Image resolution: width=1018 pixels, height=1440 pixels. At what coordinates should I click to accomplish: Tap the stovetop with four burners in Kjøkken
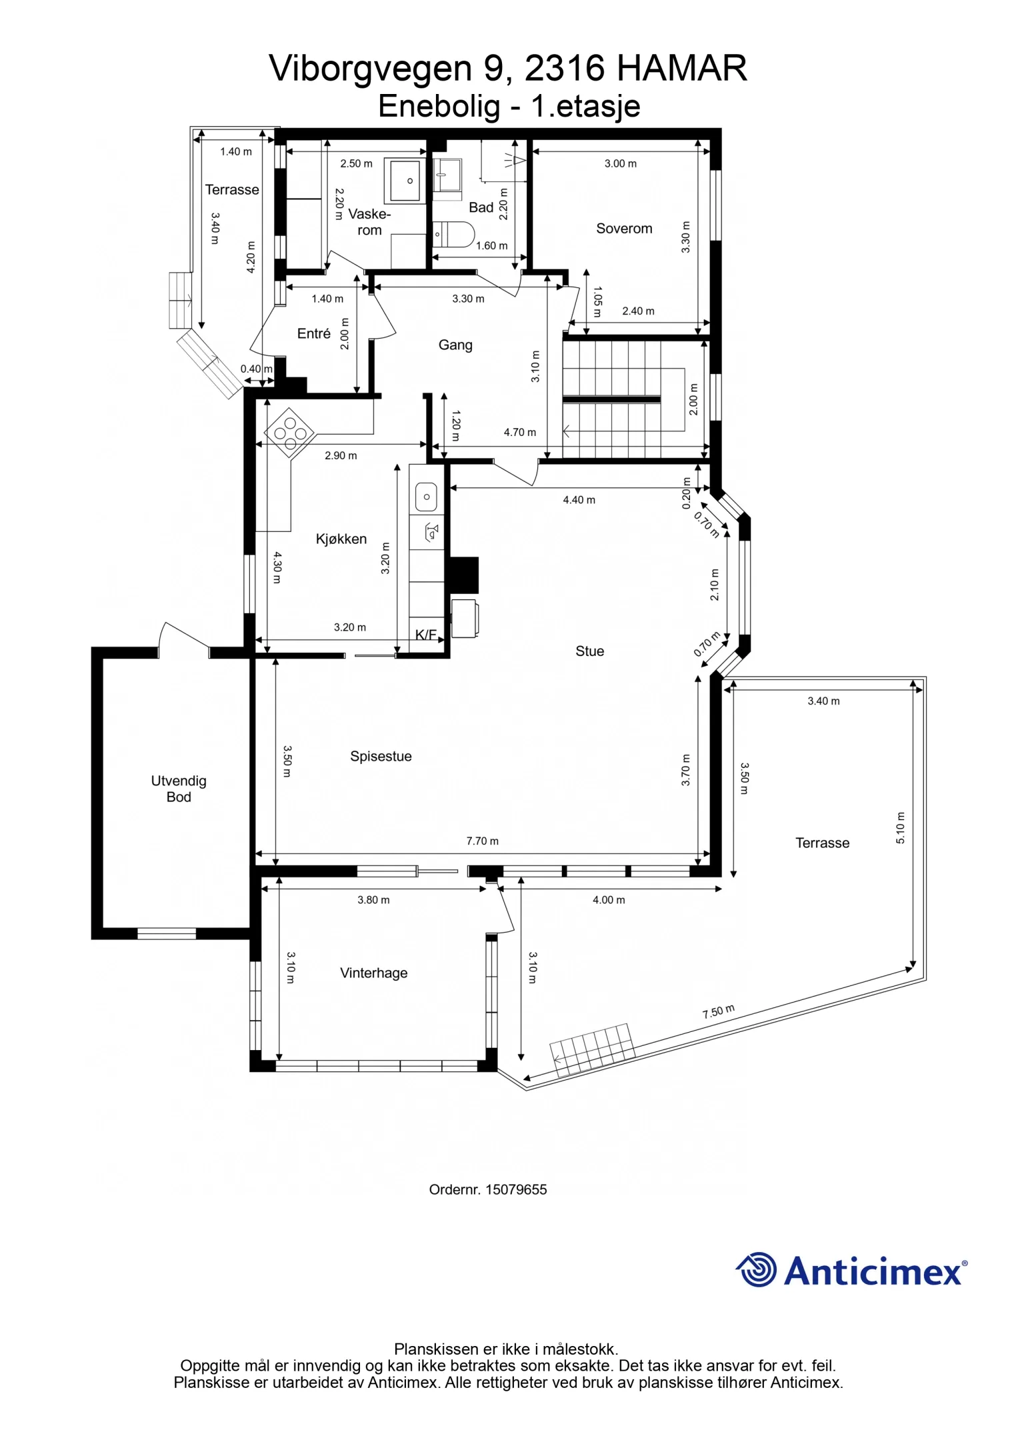pos(290,433)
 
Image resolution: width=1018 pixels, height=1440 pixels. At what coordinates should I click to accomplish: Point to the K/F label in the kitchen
pos(426,635)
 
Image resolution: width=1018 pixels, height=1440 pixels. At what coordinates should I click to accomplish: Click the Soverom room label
pos(624,229)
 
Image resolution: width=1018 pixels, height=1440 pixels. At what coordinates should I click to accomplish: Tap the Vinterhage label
pos(373,973)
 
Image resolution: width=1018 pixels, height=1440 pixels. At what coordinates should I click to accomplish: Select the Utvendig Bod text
pos(179,789)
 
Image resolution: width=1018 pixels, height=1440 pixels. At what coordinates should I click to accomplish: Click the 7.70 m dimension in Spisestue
pos(482,841)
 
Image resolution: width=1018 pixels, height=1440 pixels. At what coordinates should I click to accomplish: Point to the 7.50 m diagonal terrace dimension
pos(718,1011)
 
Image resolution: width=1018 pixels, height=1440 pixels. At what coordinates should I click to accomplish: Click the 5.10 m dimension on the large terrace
pos(901,828)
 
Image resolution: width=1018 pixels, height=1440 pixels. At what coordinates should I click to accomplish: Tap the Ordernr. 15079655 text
pos(487,1189)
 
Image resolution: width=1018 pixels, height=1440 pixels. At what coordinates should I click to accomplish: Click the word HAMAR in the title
pos(681,68)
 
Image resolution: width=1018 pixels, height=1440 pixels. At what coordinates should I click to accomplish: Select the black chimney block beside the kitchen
pos(464,575)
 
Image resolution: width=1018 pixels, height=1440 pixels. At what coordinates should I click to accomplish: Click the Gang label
pos(455,345)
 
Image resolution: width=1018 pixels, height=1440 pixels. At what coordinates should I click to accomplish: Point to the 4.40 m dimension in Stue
pos(579,500)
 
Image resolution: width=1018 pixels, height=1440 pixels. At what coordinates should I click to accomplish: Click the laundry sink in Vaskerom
pos(405,181)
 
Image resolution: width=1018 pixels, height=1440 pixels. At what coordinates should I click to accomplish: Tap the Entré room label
pos(313,333)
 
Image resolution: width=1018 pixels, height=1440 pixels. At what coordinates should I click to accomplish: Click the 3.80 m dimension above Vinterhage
pos(373,900)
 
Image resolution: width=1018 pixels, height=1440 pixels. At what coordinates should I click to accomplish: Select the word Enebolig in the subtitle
pos(439,106)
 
